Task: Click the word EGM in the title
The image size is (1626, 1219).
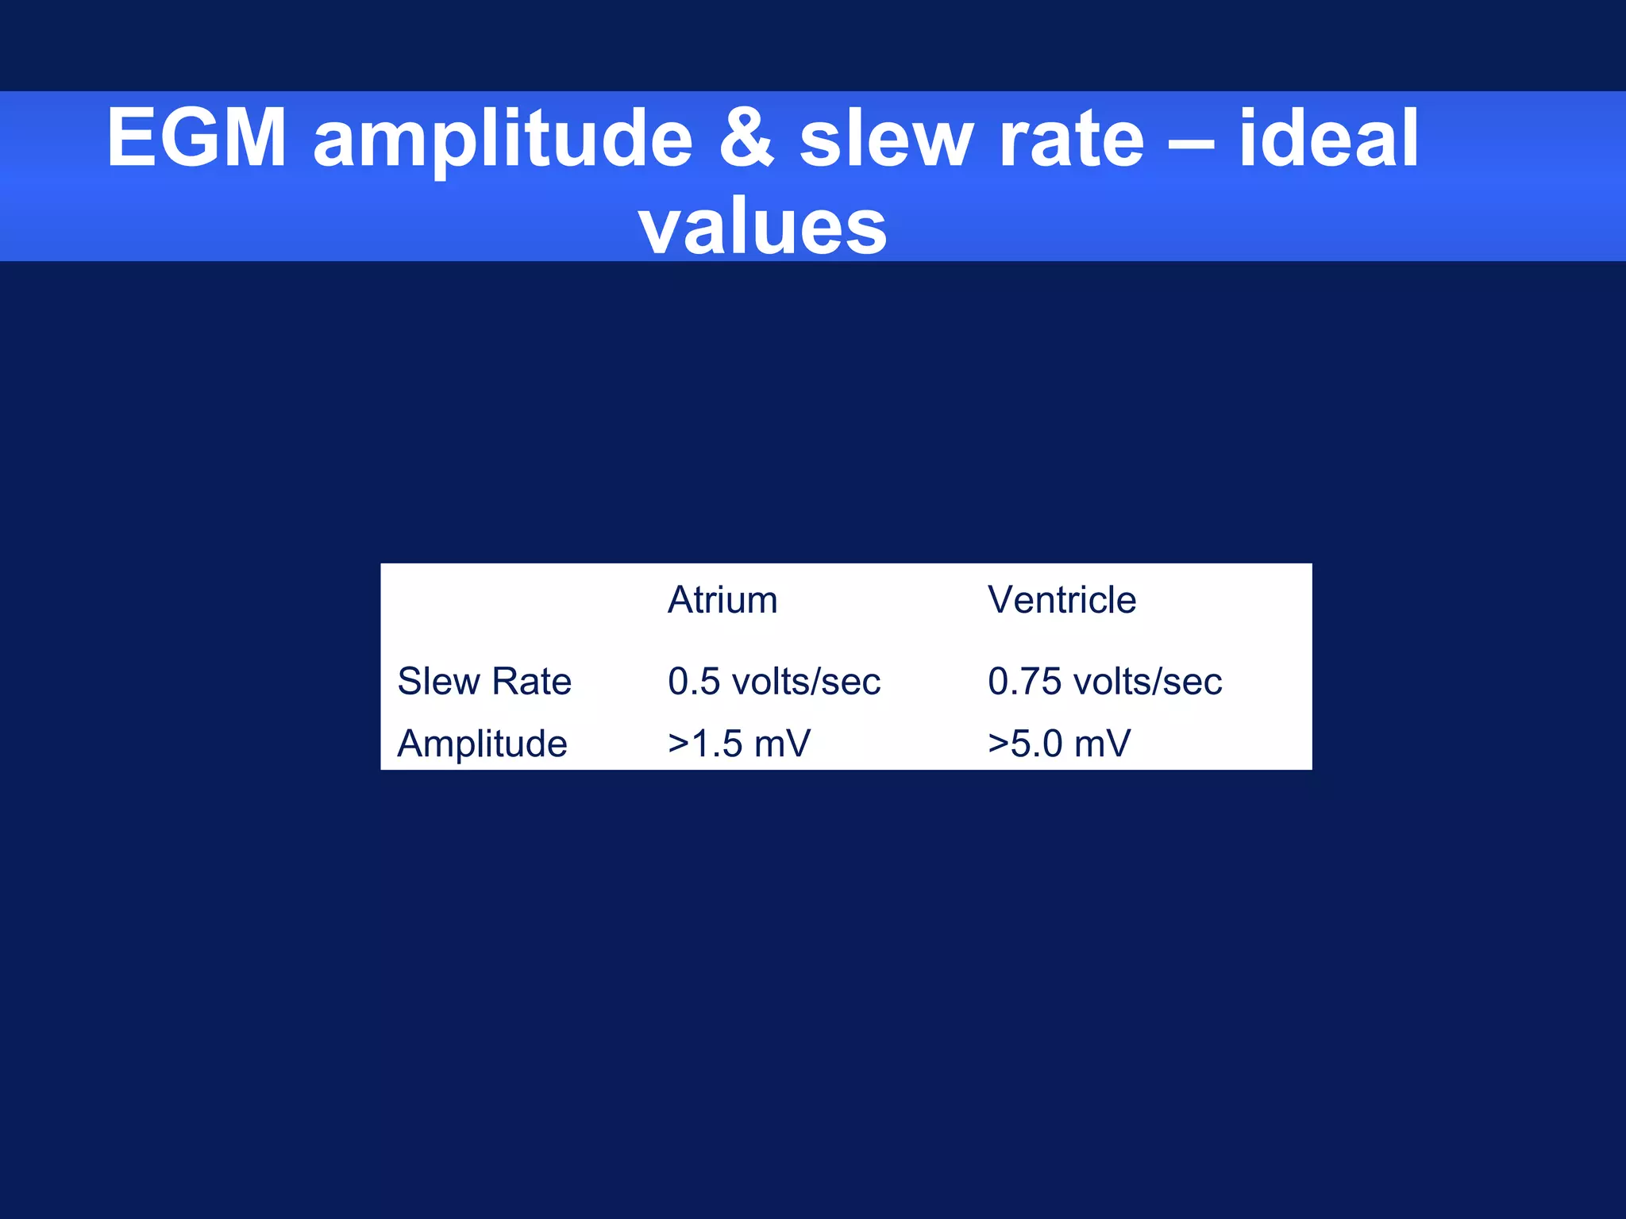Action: [196, 138]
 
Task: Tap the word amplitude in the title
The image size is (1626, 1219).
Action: [503, 140]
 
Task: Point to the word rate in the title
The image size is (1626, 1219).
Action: [1071, 140]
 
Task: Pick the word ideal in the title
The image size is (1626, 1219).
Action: [1328, 138]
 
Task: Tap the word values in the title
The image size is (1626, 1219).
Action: [762, 226]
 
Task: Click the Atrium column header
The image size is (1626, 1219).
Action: [722, 600]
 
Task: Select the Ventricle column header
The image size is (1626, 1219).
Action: [1062, 600]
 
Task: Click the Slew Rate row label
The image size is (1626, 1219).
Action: [484, 681]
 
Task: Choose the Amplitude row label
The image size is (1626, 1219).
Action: [482, 744]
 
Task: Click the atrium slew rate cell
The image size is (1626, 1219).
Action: [774, 681]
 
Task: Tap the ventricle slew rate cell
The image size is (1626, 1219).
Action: [1104, 681]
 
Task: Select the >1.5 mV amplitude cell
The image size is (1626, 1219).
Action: [739, 744]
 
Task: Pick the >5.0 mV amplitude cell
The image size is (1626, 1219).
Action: [1059, 744]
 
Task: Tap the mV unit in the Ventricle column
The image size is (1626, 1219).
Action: [1102, 744]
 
